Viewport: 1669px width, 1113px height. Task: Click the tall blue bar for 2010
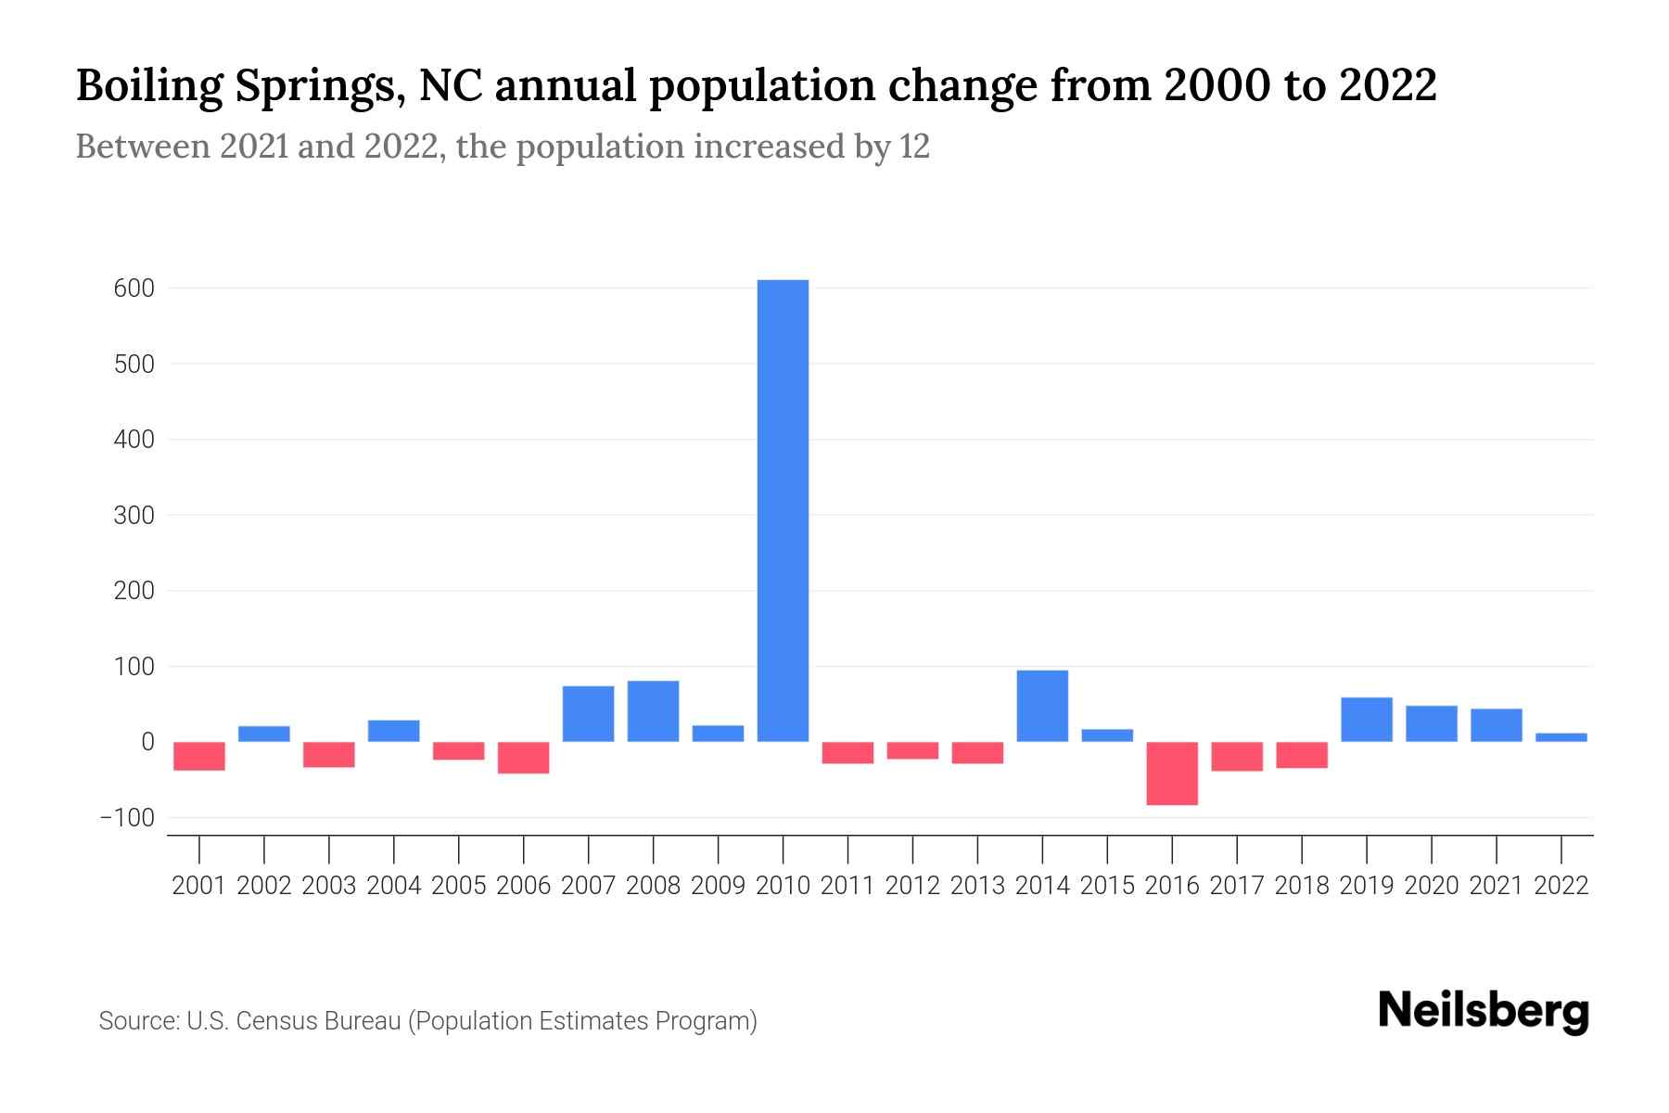tap(783, 510)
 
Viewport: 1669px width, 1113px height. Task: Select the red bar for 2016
tap(1172, 774)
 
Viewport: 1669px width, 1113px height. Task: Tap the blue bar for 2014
tap(1042, 706)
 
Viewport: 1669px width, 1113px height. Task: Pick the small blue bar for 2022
tap(1561, 737)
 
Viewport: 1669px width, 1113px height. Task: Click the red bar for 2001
tap(199, 756)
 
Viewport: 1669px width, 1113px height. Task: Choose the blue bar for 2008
tap(653, 711)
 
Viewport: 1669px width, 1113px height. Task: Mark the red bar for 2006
tap(524, 758)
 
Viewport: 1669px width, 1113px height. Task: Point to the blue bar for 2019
tap(1367, 720)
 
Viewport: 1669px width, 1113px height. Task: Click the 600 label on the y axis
tap(134, 288)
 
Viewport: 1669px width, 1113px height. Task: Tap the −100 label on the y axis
tap(128, 818)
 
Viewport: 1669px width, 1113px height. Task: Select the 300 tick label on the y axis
tap(134, 516)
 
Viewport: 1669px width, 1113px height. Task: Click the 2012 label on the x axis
tap(912, 886)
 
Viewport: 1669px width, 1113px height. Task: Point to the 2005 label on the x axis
tap(459, 886)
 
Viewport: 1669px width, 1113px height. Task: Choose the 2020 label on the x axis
tap(1432, 886)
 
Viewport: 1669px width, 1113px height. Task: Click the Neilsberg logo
tap(1484, 1012)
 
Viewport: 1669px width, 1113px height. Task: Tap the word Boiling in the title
tap(148, 86)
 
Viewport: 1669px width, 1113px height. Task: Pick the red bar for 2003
tap(329, 754)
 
